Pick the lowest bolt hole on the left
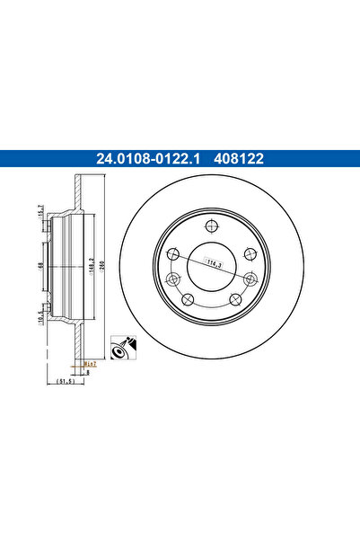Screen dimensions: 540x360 188,299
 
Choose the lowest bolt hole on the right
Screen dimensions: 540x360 234,298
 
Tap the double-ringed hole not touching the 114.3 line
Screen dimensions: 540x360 250,254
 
